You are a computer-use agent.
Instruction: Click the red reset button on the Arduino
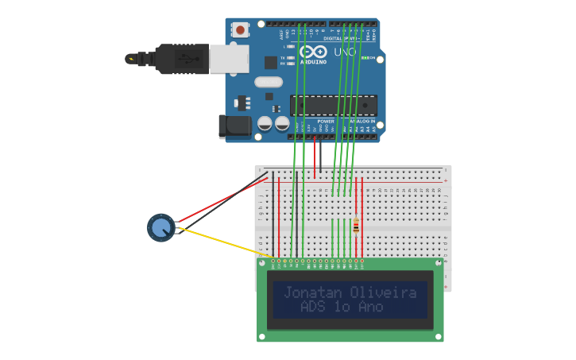click(240, 30)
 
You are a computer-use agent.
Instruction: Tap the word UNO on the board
click(345, 52)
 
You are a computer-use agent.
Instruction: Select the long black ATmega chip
click(333, 105)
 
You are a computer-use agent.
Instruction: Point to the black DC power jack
click(234, 126)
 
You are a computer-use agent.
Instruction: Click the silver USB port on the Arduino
click(229, 58)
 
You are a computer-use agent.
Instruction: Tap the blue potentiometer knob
click(161, 228)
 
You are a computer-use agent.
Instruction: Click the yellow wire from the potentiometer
click(222, 242)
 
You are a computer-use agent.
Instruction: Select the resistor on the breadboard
click(356, 226)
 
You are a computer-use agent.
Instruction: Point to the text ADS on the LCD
click(314, 307)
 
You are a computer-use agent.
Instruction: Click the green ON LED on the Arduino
click(366, 58)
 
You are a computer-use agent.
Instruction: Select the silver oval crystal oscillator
click(269, 82)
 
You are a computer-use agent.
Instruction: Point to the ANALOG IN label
click(361, 122)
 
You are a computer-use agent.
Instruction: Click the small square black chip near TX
click(271, 62)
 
